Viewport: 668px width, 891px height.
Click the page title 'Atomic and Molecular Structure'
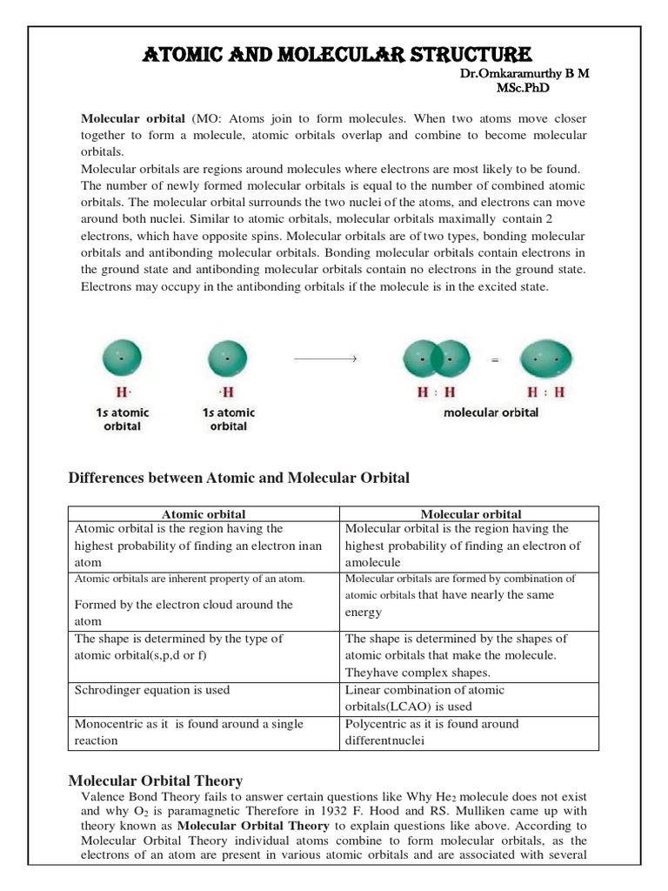coord(335,55)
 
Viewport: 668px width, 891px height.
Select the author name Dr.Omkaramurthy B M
coord(524,74)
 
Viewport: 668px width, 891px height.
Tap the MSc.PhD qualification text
coord(524,88)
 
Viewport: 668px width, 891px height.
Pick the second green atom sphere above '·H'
coord(227,358)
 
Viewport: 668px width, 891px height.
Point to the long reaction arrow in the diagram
coord(326,358)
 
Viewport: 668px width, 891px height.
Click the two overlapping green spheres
coord(437,358)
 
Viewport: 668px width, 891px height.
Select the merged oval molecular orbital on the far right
coord(546,358)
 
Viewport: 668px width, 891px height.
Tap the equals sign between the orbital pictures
coord(495,359)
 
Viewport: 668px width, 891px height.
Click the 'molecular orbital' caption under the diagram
coord(491,412)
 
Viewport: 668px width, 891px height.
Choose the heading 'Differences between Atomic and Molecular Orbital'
coord(238,478)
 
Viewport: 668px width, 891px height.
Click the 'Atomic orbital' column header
coord(204,514)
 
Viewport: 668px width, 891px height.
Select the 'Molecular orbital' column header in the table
coord(470,514)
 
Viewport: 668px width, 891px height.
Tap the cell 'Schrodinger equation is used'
coord(153,690)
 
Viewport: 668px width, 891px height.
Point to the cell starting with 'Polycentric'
coord(431,732)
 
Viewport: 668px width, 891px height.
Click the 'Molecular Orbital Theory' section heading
coord(156,780)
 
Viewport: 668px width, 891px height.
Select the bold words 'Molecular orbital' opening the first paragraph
coord(133,118)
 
